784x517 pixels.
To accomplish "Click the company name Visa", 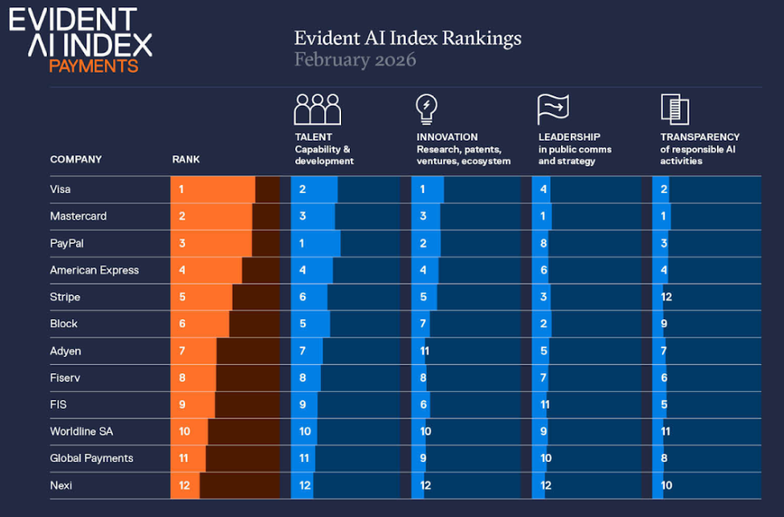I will click(61, 190).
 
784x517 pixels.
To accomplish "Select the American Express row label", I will click(95, 271).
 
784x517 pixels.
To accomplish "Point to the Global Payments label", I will click(91, 459).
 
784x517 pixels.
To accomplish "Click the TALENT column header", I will click(314, 137).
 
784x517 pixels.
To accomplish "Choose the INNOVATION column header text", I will click(447, 137).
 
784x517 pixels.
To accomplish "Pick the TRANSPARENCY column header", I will click(700, 137).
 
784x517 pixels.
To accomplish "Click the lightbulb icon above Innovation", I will click(426, 108).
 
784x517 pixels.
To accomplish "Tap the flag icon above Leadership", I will click(553, 108).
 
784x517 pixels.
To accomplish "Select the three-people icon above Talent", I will click(317, 109).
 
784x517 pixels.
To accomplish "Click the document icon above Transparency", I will click(674, 108).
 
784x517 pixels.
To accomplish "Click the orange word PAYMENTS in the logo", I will click(93, 66).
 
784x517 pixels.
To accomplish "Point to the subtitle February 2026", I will click(355, 60).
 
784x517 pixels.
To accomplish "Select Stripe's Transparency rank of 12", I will click(667, 297).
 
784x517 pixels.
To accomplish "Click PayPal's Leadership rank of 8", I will click(544, 243).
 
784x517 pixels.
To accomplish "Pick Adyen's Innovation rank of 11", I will click(424, 351).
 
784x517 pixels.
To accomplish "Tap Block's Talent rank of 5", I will click(302, 324).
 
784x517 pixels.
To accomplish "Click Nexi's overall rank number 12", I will click(184, 485).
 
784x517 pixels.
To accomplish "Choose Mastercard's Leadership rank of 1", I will click(544, 216).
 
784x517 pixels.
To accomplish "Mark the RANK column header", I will click(186, 160).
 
